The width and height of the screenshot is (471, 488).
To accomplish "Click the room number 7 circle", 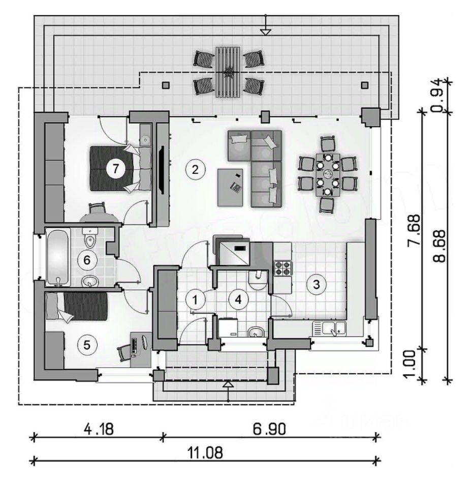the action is pos(116,169).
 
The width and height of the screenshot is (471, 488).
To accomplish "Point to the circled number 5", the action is pos(86,345).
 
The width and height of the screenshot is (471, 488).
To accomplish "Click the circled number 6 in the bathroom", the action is pos(86,260).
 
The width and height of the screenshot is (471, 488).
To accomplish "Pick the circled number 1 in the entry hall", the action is pos(194,299).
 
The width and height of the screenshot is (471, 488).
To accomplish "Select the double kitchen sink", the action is pos(329,328).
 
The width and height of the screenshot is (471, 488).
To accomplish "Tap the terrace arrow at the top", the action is pos(265,32).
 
